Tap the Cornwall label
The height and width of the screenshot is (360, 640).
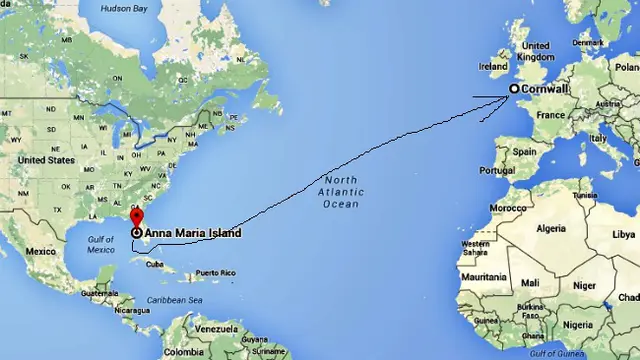click(545, 89)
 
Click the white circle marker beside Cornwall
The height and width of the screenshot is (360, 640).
click(515, 89)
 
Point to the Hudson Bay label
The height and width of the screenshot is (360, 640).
click(124, 9)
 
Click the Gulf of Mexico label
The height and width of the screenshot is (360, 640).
click(101, 244)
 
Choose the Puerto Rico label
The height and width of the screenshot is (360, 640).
click(215, 273)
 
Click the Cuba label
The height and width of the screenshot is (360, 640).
click(155, 265)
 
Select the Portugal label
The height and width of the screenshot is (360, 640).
click(496, 170)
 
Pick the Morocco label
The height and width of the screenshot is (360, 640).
click(507, 208)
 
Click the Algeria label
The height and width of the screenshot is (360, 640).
click(551, 229)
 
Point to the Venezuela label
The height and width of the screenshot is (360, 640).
click(216, 329)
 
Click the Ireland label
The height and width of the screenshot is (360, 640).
click(493, 67)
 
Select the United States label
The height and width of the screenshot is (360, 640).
click(46, 160)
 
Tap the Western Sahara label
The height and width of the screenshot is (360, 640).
click(475, 248)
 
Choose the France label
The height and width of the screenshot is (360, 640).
click(550, 116)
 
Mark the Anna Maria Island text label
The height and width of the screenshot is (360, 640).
click(193, 233)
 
